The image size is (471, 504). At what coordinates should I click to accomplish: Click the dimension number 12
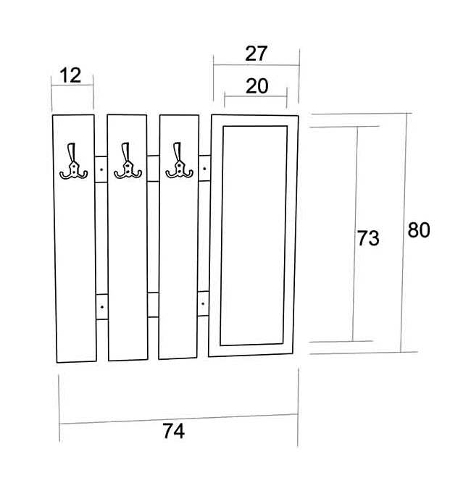[70, 75]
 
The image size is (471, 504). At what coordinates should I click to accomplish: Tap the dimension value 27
[256, 54]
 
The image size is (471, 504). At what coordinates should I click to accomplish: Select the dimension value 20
[257, 86]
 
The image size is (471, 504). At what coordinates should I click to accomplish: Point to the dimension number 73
[368, 238]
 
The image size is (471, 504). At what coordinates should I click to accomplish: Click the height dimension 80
[419, 230]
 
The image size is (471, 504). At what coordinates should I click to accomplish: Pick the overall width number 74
[173, 431]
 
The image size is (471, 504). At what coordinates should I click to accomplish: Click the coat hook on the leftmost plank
[73, 161]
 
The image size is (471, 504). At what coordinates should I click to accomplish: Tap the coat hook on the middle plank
[128, 161]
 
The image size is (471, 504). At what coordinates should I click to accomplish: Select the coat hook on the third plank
[179, 160]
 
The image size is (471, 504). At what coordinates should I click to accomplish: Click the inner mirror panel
[254, 235]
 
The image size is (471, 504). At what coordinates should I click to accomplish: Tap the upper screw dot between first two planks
[101, 169]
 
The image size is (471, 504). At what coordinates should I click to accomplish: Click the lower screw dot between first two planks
[102, 307]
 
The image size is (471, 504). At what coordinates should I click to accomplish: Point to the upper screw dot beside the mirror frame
[204, 168]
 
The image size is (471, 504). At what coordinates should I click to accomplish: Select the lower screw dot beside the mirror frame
[203, 303]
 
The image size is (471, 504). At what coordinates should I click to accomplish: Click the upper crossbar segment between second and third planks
[153, 169]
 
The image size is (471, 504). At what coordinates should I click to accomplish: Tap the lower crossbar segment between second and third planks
[153, 305]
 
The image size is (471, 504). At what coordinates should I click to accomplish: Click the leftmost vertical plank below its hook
[75, 270]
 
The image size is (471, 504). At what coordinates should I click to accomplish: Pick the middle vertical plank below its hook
[128, 270]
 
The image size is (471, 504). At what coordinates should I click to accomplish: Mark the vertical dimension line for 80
[404, 232]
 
